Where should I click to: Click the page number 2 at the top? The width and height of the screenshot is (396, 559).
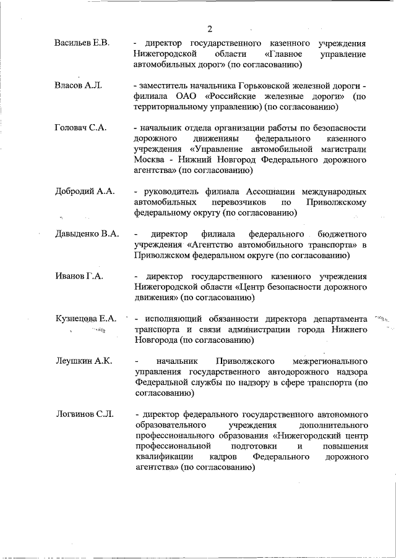tap(210, 29)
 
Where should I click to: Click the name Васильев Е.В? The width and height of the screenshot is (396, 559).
tap(82, 43)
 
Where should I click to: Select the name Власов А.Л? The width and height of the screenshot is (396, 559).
tap(77, 85)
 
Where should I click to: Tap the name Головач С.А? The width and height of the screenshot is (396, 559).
tap(80, 127)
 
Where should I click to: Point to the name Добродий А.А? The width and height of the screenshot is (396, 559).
tap(84, 191)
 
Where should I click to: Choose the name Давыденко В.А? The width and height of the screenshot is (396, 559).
tap(86, 233)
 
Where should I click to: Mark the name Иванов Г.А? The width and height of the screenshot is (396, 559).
tap(79, 276)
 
